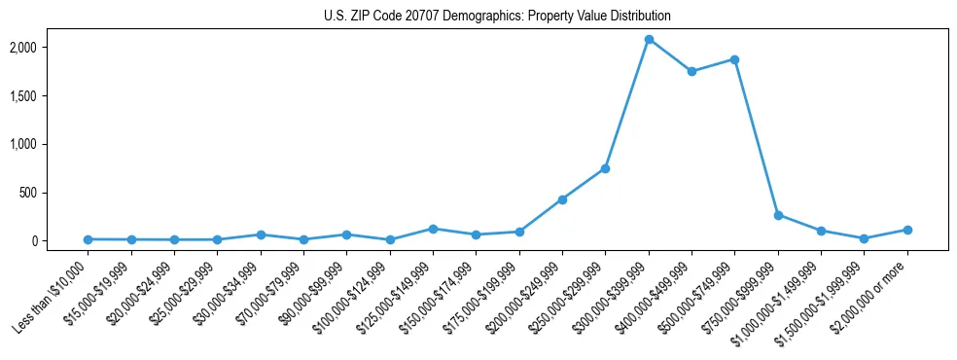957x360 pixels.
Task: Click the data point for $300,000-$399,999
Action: tap(649, 39)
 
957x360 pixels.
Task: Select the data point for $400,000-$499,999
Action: tap(691, 71)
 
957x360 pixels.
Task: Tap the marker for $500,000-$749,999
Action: tap(734, 59)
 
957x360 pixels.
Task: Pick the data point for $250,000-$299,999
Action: tap(605, 168)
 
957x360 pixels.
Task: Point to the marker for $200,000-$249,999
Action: tap(562, 199)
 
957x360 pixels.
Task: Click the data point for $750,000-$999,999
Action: tap(778, 215)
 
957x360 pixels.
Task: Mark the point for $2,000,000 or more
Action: tap(907, 230)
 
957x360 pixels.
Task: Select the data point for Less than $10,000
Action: tap(88, 239)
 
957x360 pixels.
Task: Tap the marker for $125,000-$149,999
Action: tap(433, 229)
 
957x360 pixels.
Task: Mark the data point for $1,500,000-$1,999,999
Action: tap(864, 238)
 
